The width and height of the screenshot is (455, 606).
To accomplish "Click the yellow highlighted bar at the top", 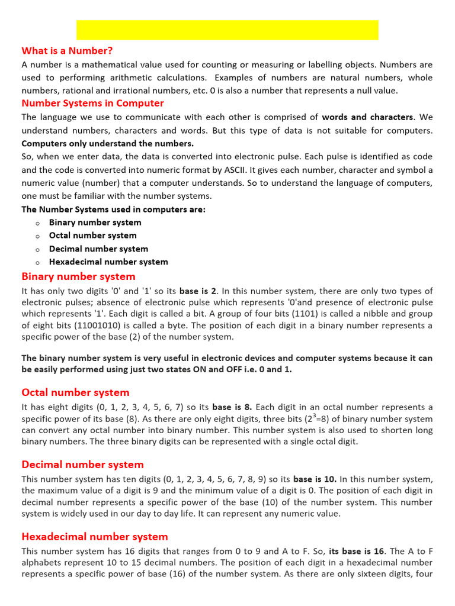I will [x=227, y=30].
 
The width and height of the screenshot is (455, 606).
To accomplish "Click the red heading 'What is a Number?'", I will [x=66, y=51].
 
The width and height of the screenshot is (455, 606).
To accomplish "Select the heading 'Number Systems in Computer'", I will [x=92, y=103].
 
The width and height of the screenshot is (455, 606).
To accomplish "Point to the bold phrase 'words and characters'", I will [x=367, y=117].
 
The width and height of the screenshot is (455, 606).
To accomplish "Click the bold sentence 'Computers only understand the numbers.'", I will [x=107, y=143].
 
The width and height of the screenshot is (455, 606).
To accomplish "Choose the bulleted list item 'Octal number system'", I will [x=92, y=236].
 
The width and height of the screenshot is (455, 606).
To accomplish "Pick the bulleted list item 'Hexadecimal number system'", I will [x=108, y=262].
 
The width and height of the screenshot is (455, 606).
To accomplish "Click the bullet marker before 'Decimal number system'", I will [x=37, y=249].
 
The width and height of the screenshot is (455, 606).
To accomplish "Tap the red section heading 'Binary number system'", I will [x=78, y=276].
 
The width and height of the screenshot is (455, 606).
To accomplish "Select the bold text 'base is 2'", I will [x=198, y=291].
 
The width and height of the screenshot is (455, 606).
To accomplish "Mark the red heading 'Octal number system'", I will [x=75, y=392].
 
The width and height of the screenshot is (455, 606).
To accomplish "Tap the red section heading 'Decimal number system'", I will [x=82, y=465].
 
